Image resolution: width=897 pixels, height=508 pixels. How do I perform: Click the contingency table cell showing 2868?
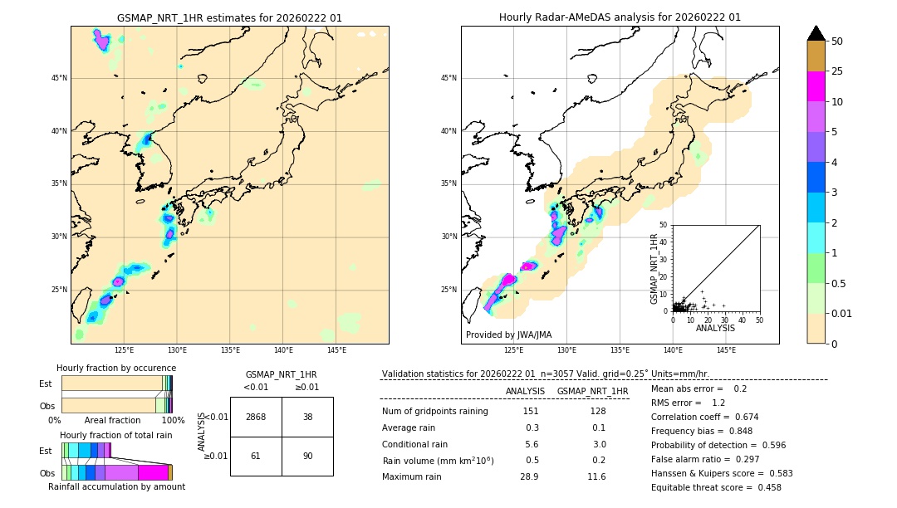[x=256, y=417]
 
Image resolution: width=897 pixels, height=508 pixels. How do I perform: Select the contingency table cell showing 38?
[x=307, y=417]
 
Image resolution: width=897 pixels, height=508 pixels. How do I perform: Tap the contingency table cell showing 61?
[x=256, y=456]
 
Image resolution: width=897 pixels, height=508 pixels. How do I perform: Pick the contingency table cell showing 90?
[x=307, y=456]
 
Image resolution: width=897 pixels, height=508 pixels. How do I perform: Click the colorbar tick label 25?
[x=837, y=72]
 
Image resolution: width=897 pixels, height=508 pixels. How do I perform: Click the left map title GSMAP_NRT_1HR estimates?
[x=229, y=17]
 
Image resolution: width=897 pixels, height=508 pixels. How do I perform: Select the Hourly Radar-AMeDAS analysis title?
[x=620, y=17]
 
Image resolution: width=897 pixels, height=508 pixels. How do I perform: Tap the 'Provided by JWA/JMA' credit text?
[x=508, y=335]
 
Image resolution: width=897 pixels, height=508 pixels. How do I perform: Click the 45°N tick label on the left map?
[x=59, y=78]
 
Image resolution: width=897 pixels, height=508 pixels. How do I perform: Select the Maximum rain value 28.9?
[x=529, y=476]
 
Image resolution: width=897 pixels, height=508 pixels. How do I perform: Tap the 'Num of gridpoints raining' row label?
[x=434, y=411]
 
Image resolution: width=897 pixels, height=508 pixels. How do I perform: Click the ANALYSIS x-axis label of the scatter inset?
[x=715, y=328]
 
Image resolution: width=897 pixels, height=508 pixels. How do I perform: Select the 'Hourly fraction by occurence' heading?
[x=116, y=368]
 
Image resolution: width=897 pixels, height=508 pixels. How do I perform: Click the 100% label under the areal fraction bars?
[x=172, y=421]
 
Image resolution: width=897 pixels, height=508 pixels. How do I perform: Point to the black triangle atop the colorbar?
[x=816, y=33]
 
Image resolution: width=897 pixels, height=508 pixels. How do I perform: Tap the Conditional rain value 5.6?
[x=532, y=444]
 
